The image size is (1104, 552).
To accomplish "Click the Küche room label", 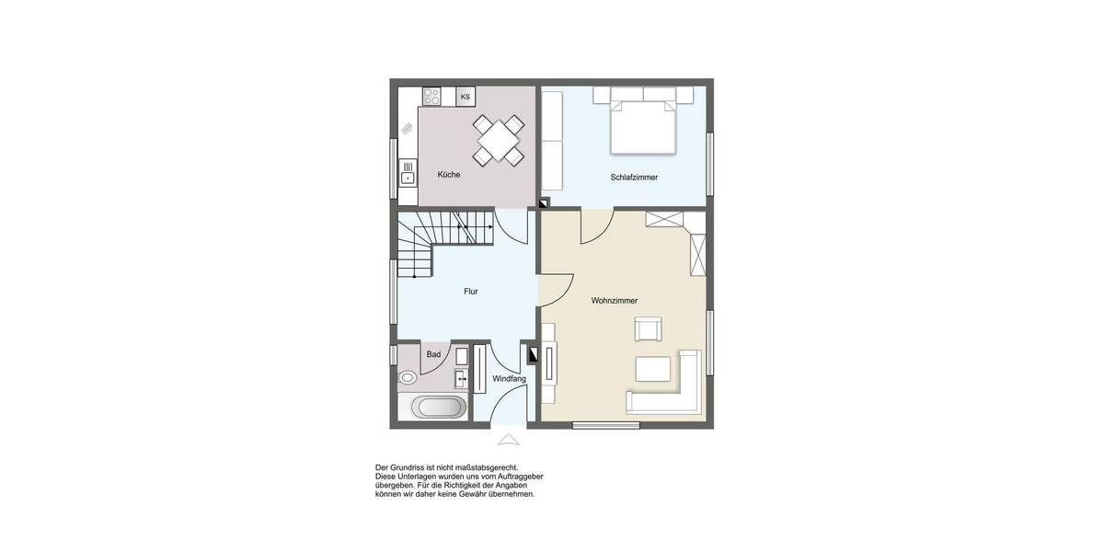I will pos(449,175).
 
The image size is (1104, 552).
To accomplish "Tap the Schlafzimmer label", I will pos(634,178).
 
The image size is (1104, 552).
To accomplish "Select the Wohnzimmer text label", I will pos(615,301).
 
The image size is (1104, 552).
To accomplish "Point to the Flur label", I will pos(471,292).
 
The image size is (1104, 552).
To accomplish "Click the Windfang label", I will pos(509,379).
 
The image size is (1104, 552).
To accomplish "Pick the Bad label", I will pos(433,354).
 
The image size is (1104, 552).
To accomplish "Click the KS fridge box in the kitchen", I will pos(466,97).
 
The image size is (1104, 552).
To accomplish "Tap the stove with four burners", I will pos(431,96).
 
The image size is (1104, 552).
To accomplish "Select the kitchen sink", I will pos(408,173).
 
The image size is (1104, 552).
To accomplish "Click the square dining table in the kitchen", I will pos(499,141).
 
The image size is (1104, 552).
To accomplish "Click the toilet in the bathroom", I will pos(407,377).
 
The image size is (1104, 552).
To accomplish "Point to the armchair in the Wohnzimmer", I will pos(648,328).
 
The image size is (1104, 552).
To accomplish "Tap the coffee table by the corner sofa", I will pos(654,368).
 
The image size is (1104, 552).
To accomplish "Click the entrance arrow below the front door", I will pos(508,440).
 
